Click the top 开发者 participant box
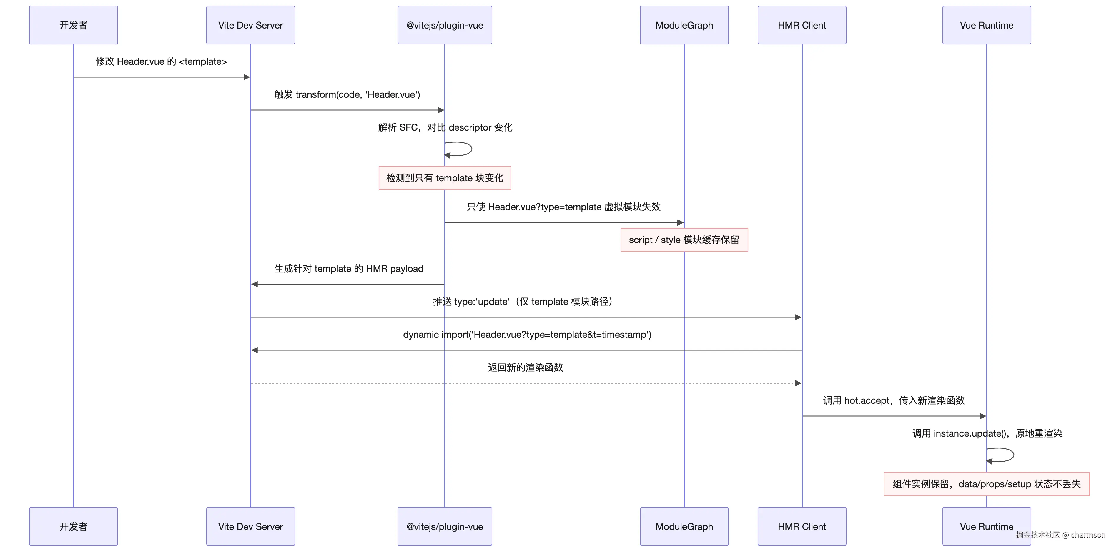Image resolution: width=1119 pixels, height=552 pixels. [73, 25]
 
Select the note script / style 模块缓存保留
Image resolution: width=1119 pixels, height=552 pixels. [684, 240]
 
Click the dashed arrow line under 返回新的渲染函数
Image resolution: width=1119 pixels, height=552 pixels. [526, 383]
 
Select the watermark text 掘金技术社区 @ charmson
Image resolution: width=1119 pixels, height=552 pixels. [1060, 535]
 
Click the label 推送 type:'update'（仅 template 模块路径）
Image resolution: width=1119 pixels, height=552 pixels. [523, 301]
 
